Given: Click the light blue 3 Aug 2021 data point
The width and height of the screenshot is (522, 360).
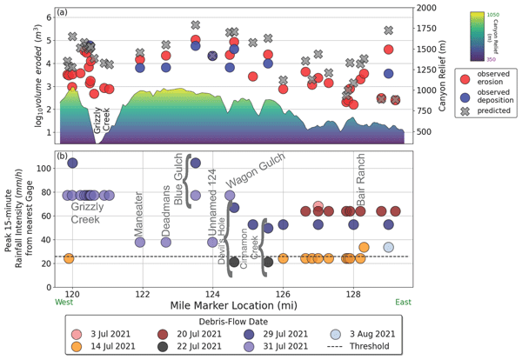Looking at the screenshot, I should [x=389, y=248].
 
